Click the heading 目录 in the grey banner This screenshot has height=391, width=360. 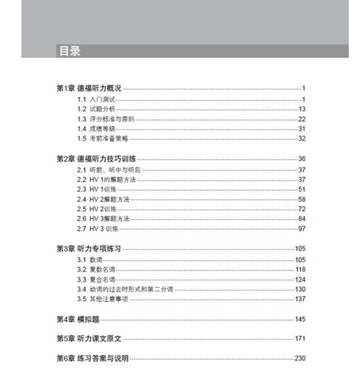pos(69,51)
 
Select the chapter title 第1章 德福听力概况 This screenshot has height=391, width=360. pos(89,89)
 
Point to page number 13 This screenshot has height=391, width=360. pos(302,109)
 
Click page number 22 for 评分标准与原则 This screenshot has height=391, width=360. pos(302,119)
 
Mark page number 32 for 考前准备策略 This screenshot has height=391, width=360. pos(302,138)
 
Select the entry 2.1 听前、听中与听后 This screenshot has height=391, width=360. pos(109,170)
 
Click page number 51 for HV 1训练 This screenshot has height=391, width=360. pos(302,189)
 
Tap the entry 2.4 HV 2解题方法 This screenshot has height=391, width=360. pos(104,199)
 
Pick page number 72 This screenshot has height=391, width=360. pos(302,209)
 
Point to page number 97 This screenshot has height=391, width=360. pos(302,228)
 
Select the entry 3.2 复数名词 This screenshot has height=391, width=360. pos(97,269)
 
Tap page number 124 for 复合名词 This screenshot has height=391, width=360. pos(300,279)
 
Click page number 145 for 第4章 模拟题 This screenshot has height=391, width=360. pos(300,319)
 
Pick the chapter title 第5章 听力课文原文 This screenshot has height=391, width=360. pos(89,339)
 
